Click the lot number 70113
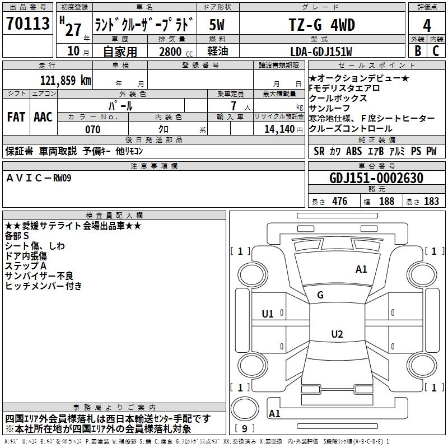click(28, 24)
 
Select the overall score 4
click(427, 25)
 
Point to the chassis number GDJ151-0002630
click(376, 178)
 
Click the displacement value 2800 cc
click(174, 52)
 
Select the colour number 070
click(92, 129)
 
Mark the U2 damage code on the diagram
click(337, 334)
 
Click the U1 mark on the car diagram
click(268, 314)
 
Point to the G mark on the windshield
click(320, 295)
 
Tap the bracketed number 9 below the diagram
click(244, 428)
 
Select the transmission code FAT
click(16, 117)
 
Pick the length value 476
click(339, 202)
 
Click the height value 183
click(431, 202)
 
